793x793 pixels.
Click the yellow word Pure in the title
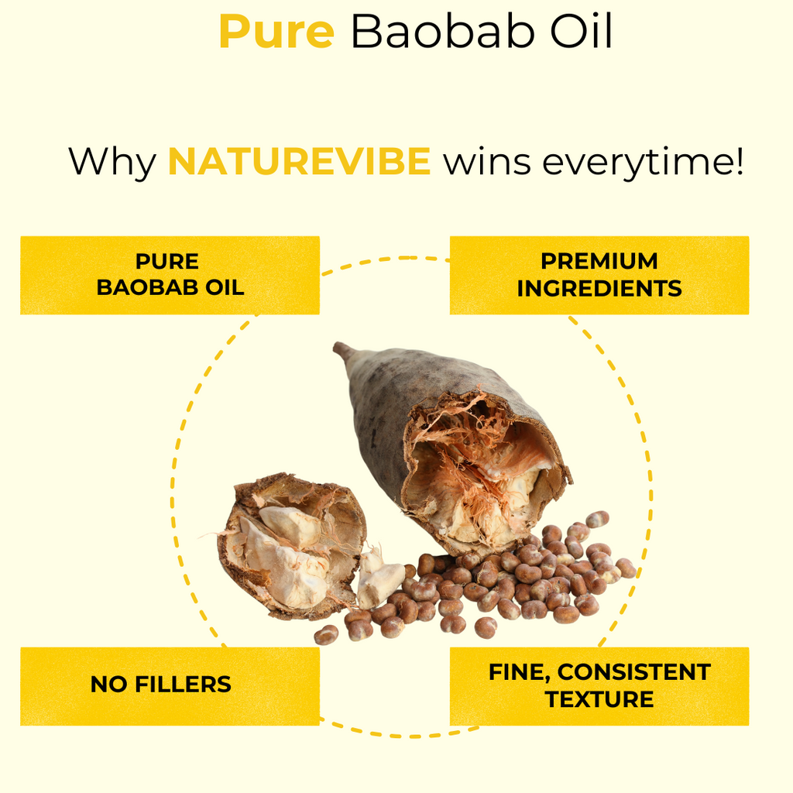coord(276,31)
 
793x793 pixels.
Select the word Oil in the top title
coord(582,31)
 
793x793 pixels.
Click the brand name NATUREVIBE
coord(299,161)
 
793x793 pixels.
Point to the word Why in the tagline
coord(112,163)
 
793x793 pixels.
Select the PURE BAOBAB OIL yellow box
coord(170,275)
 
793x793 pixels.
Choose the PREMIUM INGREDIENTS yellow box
coord(599,275)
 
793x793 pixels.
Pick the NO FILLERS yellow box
coord(170,686)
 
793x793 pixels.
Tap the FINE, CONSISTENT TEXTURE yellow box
coord(599,686)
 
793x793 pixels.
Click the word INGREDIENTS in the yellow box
coord(599,289)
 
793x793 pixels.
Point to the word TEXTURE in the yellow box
coord(599,700)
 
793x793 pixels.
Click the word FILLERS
coord(183,685)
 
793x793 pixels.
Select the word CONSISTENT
coord(634,673)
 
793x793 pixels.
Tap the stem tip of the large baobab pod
coord(337,346)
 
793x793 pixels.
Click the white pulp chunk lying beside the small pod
coord(380,584)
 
